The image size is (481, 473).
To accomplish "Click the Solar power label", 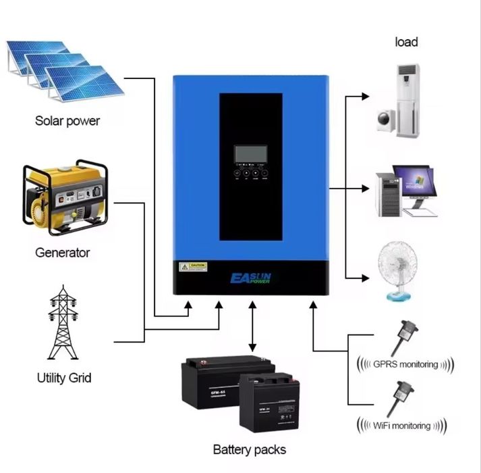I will pos(67,122).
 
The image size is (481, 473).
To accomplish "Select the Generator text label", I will pos(62,253).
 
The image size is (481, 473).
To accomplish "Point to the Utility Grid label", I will pos(64,377).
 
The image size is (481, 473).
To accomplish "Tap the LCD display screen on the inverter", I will pos(250,154).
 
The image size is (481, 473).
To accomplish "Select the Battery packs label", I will pos(250,449).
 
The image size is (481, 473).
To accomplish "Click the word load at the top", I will pos(406,42).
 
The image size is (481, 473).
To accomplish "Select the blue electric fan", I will pos(401,273).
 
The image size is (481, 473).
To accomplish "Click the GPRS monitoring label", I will pos(405,364).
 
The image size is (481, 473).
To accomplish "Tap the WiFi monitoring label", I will pos(402,425).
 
